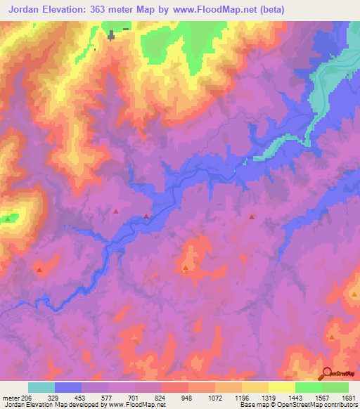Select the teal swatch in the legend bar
click(41, 387)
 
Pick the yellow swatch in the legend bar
click(281, 387)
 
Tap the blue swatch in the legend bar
click(68, 387)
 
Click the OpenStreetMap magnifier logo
click(326, 373)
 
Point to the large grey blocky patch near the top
click(111, 35)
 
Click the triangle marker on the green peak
click(8, 219)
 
